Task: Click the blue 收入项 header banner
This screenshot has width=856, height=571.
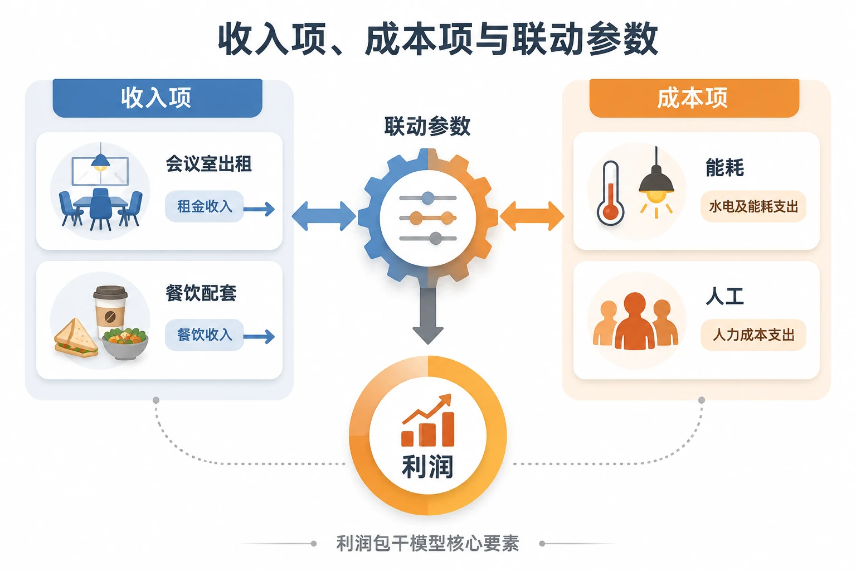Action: [x=158, y=98]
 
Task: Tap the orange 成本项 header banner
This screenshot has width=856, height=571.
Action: [x=694, y=98]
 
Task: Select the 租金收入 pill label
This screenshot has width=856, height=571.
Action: [x=205, y=206]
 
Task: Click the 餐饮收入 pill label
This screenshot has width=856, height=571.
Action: [x=205, y=335]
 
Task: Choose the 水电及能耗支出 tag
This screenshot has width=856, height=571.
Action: [x=753, y=206]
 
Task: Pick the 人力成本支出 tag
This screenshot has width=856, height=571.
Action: [x=753, y=335]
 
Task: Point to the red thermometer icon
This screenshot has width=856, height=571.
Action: [x=610, y=193]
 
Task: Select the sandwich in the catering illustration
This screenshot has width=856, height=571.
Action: [x=76, y=339]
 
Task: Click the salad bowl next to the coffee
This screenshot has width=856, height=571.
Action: [x=125, y=343]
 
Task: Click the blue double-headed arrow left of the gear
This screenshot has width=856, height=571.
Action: [x=324, y=216]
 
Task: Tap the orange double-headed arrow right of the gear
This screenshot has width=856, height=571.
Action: [x=532, y=216]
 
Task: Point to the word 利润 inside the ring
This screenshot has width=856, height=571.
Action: [x=427, y=467]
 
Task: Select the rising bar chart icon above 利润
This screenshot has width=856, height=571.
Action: [x=428, y=420]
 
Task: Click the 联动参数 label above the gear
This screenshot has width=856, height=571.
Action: [x=427, y=126]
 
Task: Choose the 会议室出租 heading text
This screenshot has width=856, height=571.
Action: [x=208, y=164]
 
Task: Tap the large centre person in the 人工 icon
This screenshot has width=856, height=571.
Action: [x=635, y=321]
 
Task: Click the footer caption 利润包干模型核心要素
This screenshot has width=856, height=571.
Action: [x=427, y=544]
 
